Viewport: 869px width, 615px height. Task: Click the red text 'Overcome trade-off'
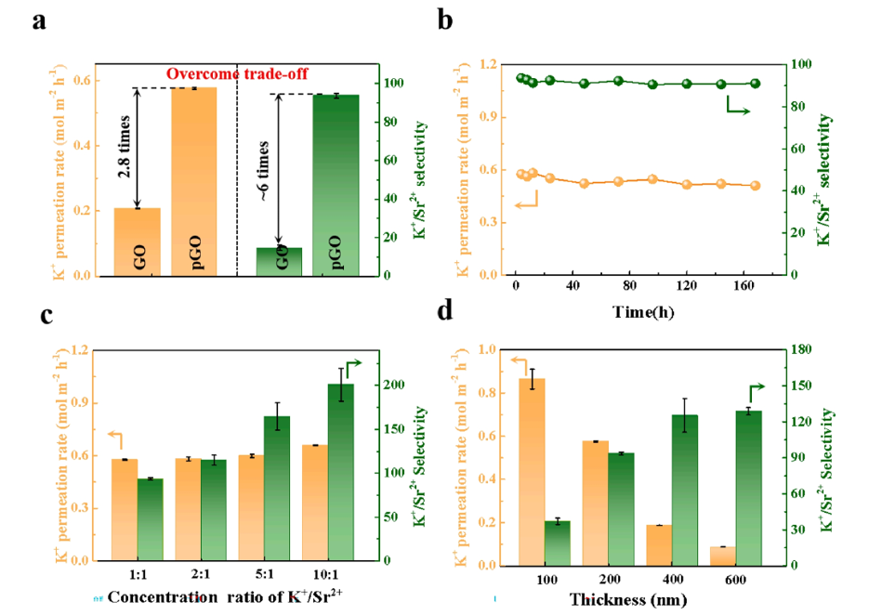coord(238,73)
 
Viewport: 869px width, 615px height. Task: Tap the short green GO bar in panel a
coord(281,261)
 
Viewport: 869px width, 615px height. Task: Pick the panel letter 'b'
coord(444,20)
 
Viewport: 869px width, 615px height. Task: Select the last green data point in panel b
coord(755,84)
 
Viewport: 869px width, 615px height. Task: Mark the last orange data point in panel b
coord(755,186)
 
